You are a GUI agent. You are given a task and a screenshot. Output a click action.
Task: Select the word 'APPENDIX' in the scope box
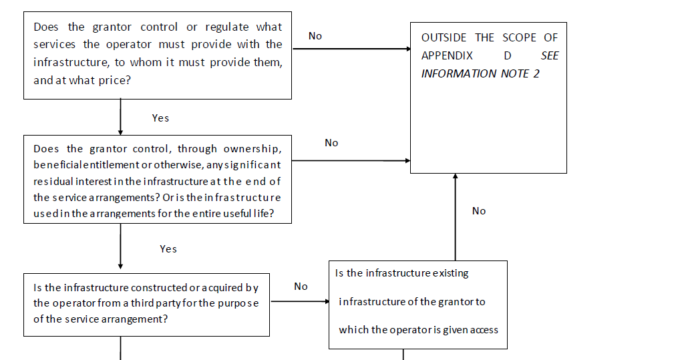pyautogui.click(x=447, y=56)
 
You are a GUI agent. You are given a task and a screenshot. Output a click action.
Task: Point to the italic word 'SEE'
pyautogui.click(x=550, y=56)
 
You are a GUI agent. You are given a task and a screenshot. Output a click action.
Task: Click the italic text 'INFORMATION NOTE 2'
pyautogui.click(x=480, y=73)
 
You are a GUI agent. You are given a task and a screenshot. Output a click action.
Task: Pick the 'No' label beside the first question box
pyautogui.click(x=315, y=36)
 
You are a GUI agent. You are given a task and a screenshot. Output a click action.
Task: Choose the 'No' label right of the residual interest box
pyautogui.click(x=331, y=143)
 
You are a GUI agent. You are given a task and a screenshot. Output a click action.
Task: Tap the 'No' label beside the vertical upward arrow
pyautogui.click(x=479, y=211)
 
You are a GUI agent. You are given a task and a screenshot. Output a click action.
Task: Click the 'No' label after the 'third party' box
pyautogui.click(x=301, y=287)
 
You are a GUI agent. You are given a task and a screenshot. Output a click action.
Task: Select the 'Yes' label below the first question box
pyautogui.click(x=160, y=118)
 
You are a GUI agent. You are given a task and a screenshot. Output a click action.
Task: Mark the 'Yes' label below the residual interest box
pyautogui.click(x=168, y=249)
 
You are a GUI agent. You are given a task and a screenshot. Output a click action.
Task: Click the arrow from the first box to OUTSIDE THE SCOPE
pyautogui.click(x=352, y=49)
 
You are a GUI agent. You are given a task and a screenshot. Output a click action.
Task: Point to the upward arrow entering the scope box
pyautogui.click(x=456, y=217)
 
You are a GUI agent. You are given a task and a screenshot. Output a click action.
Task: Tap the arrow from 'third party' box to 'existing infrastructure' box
pyautogui.click(x=300, y=301)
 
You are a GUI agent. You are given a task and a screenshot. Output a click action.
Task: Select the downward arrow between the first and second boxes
pyautogui.click(x=120, y=117)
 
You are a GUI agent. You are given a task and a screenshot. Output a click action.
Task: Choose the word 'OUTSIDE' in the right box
pyautogui.click(x=444, y=37)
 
